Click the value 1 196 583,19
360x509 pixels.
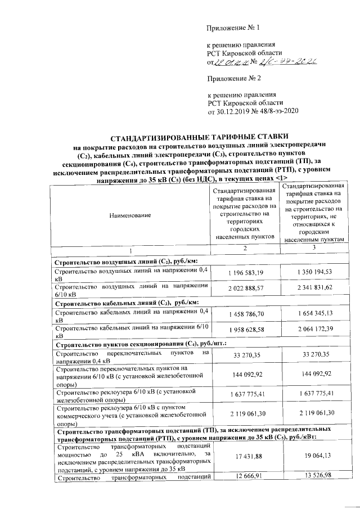point(246,273)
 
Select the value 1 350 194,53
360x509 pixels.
point(314,273)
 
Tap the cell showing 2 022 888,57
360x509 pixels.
point(246,289)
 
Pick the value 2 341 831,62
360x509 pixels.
point(314,289)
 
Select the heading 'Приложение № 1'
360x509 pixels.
point(234,28)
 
